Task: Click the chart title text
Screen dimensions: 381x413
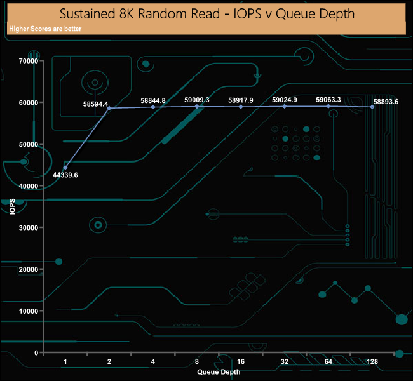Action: click(207, 13)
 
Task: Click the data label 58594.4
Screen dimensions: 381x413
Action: click(95, 104)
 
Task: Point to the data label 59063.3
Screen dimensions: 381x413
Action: click(328, 100)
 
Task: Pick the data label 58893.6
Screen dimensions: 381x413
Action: click(386, 102)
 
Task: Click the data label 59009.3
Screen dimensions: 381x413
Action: click(197, 100)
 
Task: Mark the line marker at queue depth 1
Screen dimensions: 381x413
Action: click(65, 167)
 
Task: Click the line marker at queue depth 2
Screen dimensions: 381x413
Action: click(109, 108)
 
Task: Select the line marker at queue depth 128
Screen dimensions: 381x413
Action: click(372, 107)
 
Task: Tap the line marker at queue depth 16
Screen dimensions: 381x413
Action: click(241, 107)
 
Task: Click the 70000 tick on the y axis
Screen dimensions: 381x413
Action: click(29, 61)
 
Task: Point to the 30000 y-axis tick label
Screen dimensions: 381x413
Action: click(29, 227)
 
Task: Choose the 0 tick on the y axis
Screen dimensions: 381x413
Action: click(37, 352)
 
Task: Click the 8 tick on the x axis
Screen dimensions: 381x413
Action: click(197, 361)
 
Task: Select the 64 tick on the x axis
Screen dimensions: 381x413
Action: click(328, 361)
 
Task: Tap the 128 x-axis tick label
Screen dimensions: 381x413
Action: click(372, 361)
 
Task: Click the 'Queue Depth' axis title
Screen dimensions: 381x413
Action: click(219, 371)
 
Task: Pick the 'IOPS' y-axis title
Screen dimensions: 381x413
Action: click(12, 207)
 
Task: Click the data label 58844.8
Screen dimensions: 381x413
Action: click(153, 100)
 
